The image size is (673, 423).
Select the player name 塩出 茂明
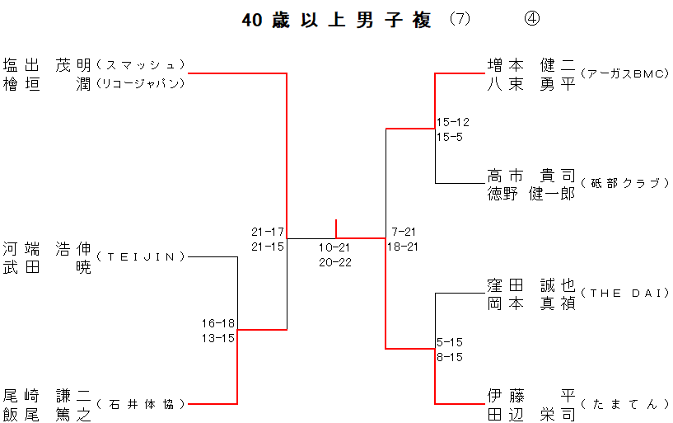pos(46,64)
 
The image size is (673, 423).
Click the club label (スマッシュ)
pos(140,64)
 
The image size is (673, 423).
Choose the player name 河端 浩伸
pos(46,247)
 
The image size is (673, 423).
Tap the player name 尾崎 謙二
pos(46,395)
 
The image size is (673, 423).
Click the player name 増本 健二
pos(530,64)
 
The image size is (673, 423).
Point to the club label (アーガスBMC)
pos(624,73)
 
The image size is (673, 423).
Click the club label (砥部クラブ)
pos(624,183)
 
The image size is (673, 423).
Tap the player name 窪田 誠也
pos(530,285)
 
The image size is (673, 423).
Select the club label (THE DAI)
pos(624,294)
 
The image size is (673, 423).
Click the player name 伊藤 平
pos(530,395)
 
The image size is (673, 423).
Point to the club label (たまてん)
pos(624,404)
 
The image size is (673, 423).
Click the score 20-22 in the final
pos(334,263)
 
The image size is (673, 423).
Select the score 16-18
pos(218,322)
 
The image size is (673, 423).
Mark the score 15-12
pos(453,122)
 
